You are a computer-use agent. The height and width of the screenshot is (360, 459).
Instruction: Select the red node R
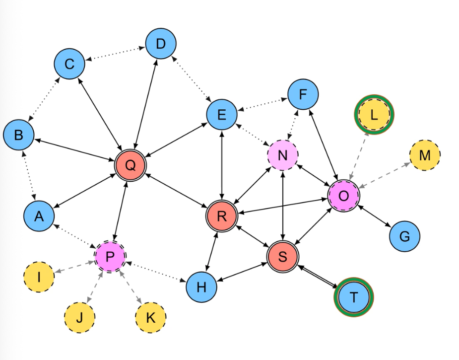point(222,216)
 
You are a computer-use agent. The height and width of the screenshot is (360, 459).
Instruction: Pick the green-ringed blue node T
point(353,297)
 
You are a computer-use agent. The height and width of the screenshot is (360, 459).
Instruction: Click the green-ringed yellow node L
point(374,115)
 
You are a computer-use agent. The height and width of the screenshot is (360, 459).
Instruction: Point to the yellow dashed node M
point(424,155)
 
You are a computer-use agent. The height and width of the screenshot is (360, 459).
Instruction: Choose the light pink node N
point(282,155)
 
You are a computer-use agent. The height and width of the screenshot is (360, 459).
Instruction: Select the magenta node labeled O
point(343,196)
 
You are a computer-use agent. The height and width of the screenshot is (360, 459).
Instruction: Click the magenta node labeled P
point(110,256)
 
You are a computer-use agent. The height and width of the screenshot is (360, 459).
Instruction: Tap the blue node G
point(404,236)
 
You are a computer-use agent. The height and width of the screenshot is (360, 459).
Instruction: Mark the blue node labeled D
point(160,44)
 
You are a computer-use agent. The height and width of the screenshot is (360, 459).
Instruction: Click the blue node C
point(69,64)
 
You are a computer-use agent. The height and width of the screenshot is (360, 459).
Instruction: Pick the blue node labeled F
point(303,94)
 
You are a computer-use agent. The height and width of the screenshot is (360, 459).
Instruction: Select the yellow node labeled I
point(39,277)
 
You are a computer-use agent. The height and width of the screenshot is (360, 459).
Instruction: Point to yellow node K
point(150,317)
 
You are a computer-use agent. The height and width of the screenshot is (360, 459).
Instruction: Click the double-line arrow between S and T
point(318,277)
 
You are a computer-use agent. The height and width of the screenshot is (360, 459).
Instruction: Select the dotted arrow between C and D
point(115,54)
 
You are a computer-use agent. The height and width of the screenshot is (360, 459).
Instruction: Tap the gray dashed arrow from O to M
point(384,175)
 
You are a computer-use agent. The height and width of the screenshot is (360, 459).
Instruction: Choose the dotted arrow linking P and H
point(156,272)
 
